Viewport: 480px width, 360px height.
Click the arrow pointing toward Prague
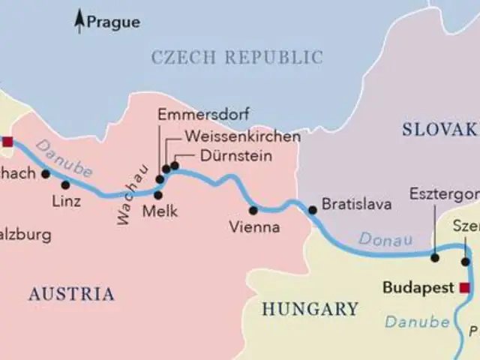click(79, 22)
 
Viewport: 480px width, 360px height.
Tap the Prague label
click(113, 22)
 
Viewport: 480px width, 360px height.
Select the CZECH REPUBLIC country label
click(237, 57)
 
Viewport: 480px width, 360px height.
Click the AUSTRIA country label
click(71, 294)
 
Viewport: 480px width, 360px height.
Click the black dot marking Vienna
click(253, 210)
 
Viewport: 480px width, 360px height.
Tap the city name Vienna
click(256, 226)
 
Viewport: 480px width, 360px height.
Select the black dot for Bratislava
click(313, 210)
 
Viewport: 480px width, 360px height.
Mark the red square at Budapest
click(465, 288)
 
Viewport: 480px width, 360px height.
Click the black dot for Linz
click(65, 184)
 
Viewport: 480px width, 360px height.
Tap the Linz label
click(66, 201)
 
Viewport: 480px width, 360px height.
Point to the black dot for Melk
click(157, 195)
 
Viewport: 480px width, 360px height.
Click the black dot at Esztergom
click(434, 257)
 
